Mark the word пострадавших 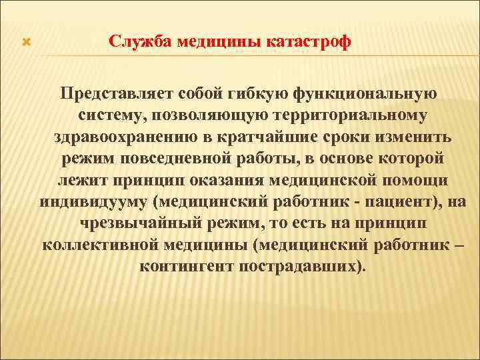coord(301,267)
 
